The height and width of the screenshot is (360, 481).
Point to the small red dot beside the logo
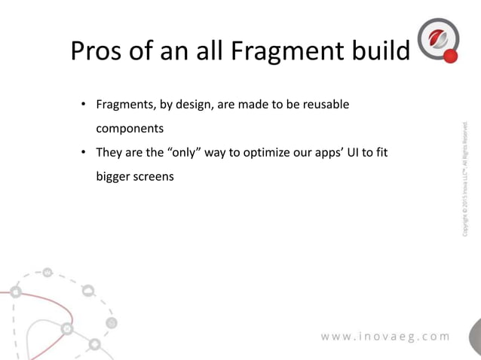pyautogui.click(x=451, y=56)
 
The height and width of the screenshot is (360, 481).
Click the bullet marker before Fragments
pyautogui.click(x=85, y=104)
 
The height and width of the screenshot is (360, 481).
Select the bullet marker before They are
pyautogui.click(x=85, y=155)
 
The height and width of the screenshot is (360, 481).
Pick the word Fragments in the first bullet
pyautogui.click(x=123, y=104)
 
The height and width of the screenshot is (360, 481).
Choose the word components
pyautogui.click(x=129, y=130)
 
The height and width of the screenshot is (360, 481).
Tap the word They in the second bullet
pyautogui.click(x=109, y=155)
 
